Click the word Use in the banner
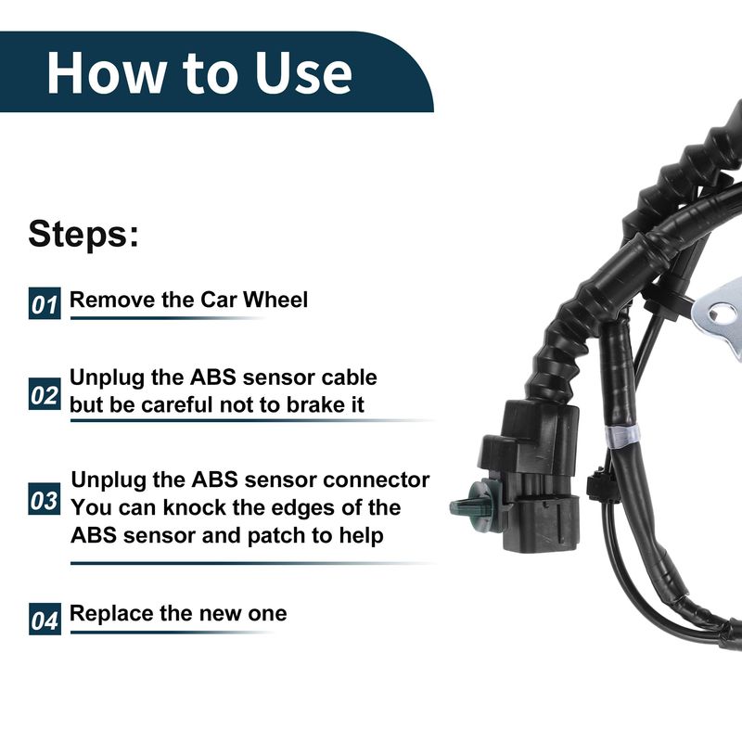303,72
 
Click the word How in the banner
106,72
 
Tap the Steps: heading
83,234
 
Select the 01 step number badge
45,303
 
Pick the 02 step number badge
45,393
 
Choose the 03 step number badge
45,499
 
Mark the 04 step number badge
45,619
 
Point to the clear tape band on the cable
621,435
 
